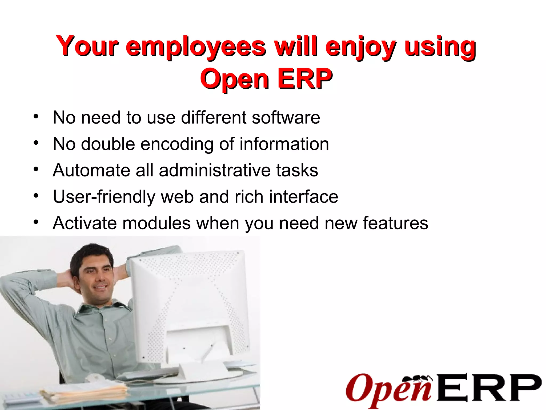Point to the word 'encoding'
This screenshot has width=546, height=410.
coord(177,144)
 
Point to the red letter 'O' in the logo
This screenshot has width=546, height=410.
coord(359,387)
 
